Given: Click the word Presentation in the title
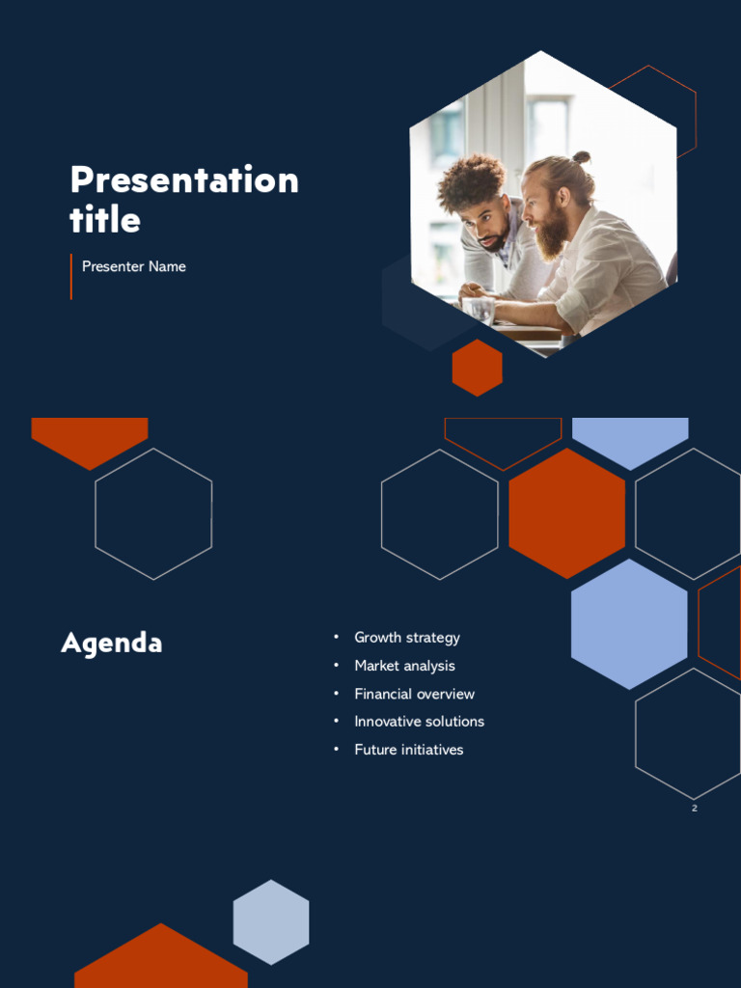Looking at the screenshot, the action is tap(184, 179).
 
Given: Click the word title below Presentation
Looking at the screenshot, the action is tap(104, 219).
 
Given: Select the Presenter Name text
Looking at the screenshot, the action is tap(133, 266).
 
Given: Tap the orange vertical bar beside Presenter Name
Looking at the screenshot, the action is tap(71, 277).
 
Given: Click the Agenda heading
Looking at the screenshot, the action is tap(112, 644).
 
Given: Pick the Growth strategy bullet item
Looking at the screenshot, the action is tap(407, 638).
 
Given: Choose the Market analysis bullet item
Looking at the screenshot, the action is tap(404, 666).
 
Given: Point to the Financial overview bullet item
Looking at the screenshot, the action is tap(415, 694).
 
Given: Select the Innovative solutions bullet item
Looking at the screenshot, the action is tap(419, 722).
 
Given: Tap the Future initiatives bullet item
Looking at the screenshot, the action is tap(409, 750).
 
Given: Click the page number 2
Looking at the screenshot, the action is tap(695, 809).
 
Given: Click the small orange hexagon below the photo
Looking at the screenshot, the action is tap(477, 368).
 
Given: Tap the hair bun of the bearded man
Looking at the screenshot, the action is tap(582, 157).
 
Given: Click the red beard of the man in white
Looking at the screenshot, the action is tap(552, 235).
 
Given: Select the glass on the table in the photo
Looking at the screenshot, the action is tap(479, 311).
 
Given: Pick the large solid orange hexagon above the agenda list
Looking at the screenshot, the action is tap(567, 513).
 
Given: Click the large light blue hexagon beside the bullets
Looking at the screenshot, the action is tap(629, 624).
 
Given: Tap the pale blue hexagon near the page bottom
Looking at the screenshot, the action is tap(271, 922).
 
